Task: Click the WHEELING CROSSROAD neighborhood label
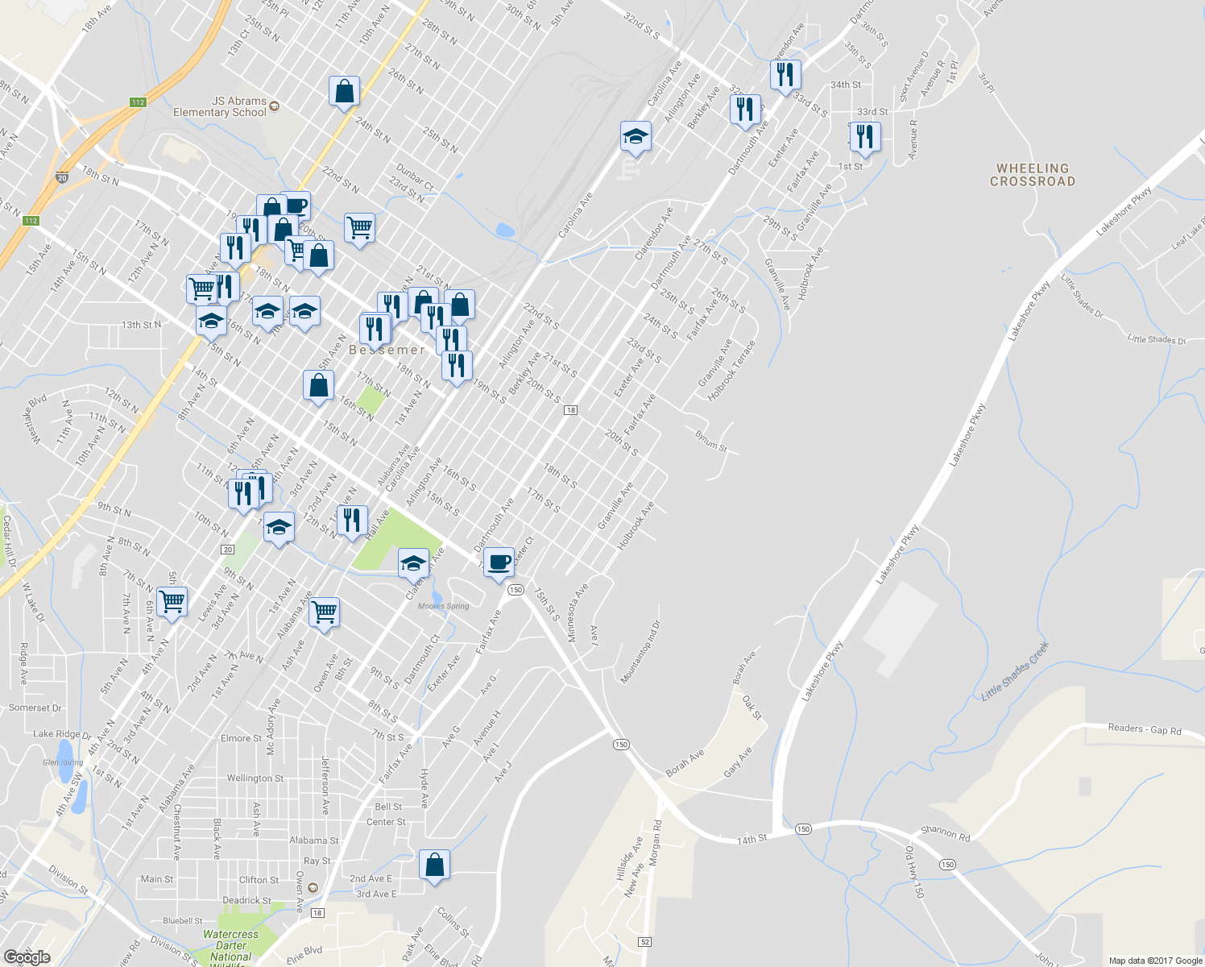pyautogui.click(x=1032, y=175)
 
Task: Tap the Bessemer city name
pyautogui.click(x=387, y=350)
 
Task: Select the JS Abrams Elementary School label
pyautogui.click(x=220, y=106)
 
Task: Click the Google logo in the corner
pyautogui.click(x=27, y=957)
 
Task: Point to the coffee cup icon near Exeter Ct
pyautogui.click(x=499, y=562)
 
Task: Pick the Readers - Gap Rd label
pyautogui.click(x=1144, y=729)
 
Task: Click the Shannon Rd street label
pyautogui.click(x=946, y=834)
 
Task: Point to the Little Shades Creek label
pyautogui.click(x=1015, y=670)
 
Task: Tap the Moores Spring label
pyautogui.click(x=443, y=606)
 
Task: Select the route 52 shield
pyautogui.click(x=644, y=941)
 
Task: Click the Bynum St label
pyautogui.click(x=710, y=441)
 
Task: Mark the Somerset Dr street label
pyautogui.click(x=35, y=708)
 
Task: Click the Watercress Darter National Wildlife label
pyautogui.click(x=231, y=946)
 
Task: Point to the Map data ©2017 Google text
pyautogui.click(x=1155, y=961)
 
